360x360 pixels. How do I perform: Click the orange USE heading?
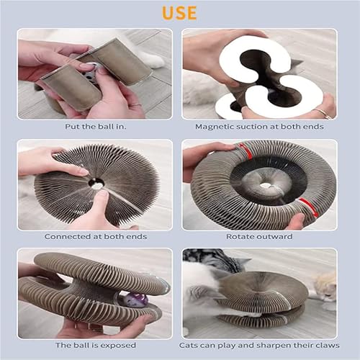pos(179,13)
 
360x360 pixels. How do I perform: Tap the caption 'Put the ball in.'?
pos(94,126)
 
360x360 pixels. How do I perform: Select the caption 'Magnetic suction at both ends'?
pos(259,126)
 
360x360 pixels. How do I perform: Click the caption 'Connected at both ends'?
pos(94,235)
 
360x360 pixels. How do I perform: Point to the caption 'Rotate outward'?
pos(259,235)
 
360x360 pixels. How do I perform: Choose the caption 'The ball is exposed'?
pos(94,345)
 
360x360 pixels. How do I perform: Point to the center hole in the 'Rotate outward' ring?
pos(265,185)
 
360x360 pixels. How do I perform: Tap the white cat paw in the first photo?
pos(151,58)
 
